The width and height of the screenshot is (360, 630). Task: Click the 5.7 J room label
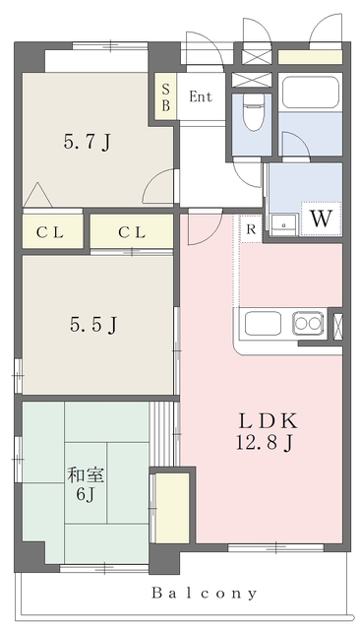coord(87,142)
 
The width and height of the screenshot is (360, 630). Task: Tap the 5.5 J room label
coord(93,324)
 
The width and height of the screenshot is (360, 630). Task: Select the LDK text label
coord(268,421)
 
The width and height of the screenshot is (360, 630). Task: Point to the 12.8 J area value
coord(265,444)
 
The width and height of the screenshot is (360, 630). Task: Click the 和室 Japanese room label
coord(86,475)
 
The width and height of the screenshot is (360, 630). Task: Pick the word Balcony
coord(204,593)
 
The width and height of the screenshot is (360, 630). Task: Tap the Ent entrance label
coord(201,96)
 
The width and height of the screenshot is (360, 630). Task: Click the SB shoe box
coord(166,96)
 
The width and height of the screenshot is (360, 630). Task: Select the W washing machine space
coord(321,219)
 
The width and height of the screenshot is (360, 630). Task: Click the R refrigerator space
coord(251,229)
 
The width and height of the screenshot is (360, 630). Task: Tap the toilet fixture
coord(253,111)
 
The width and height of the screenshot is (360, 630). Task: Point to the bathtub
coord(310,92)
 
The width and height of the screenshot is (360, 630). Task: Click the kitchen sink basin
coord(263,324)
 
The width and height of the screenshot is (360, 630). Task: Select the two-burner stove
coord(308,323)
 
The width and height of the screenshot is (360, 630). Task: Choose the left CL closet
coord(52,232)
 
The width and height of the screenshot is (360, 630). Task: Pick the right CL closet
coord(132,232)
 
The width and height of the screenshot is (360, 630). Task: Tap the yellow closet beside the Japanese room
coord(172,508)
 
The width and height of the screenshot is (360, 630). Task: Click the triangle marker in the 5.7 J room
coord(37,195)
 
